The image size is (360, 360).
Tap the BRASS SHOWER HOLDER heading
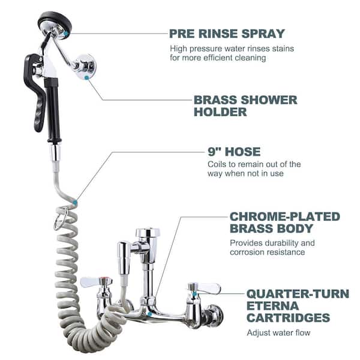point(245,106)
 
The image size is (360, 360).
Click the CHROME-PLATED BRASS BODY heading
point(284,222)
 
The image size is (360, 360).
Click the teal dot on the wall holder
point(88,77)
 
